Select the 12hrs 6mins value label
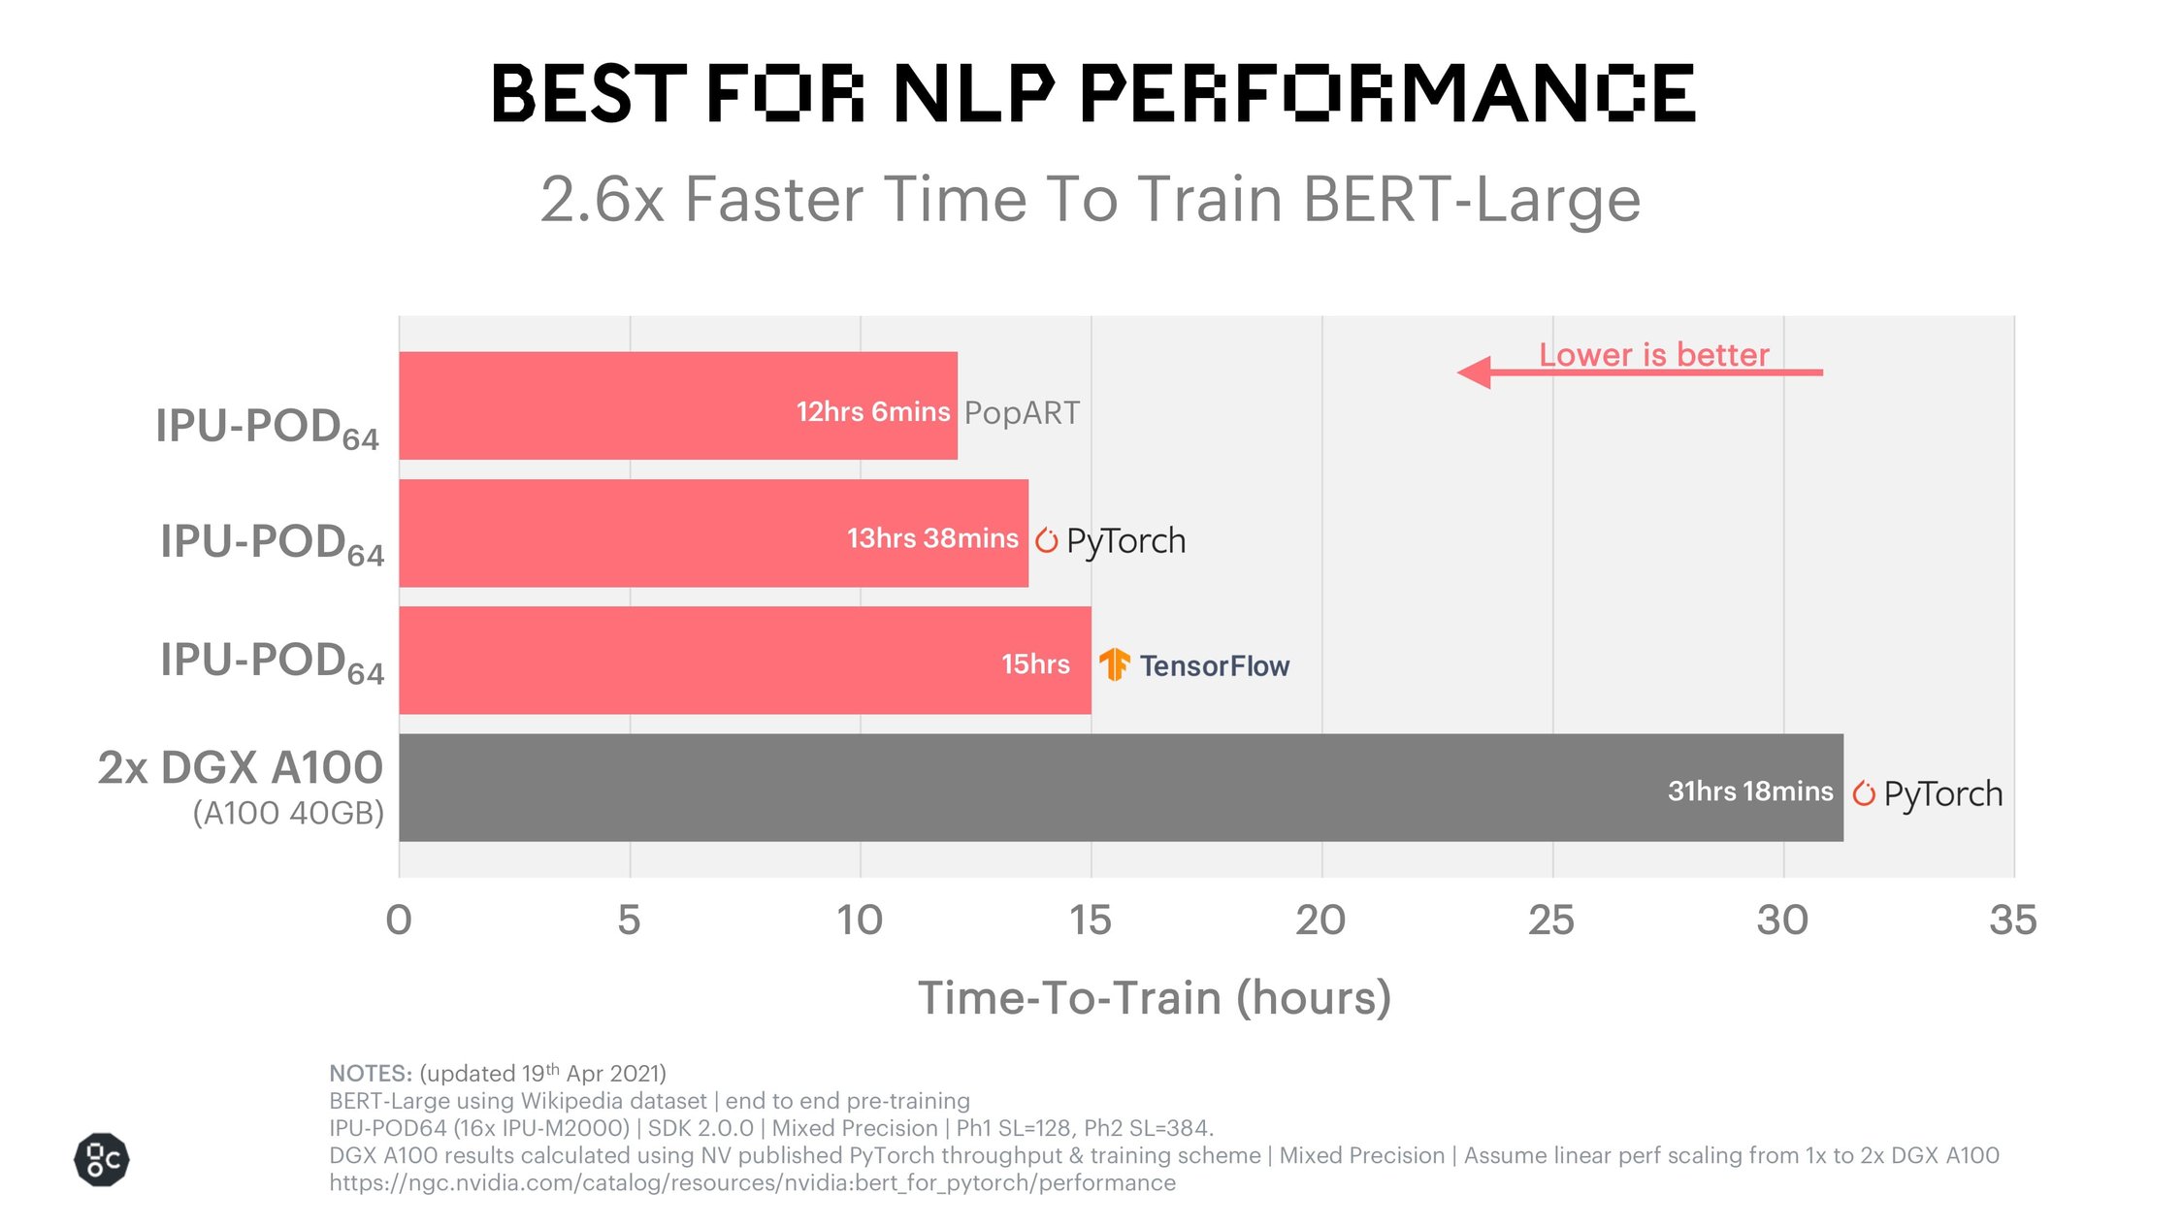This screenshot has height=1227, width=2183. click(x=872, y=412)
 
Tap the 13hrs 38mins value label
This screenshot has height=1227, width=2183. click(x=932, y=538)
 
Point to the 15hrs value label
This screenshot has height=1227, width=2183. click(x=1035, y=664)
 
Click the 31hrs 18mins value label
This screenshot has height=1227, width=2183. click(x=1749, y=791)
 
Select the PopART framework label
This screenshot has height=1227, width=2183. click(x=1021, y=413)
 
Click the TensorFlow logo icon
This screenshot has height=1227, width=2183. click(x=1114, y=664)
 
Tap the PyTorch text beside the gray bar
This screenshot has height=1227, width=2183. click(x=1942, y=794)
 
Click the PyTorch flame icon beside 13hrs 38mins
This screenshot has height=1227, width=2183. click(x=1046, y=540)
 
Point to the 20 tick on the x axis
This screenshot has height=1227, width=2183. click(x=1320, y=920)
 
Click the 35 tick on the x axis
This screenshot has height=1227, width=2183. click(x=2012, y=920)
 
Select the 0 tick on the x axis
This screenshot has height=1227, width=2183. click(x=399, y=920)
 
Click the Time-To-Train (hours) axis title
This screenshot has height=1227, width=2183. click(x=1155, y=998)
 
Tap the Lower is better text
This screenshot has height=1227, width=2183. click(x=1653, y=355)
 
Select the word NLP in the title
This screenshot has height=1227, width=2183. click(x=973, y=94)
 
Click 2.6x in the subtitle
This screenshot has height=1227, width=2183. click(x=602, y=200)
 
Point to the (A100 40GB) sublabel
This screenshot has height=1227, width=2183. click(x=288, y=813)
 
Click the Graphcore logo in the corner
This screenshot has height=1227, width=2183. click(x=102, y=1159)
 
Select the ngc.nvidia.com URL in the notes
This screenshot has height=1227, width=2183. click(x=752, y=1182)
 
